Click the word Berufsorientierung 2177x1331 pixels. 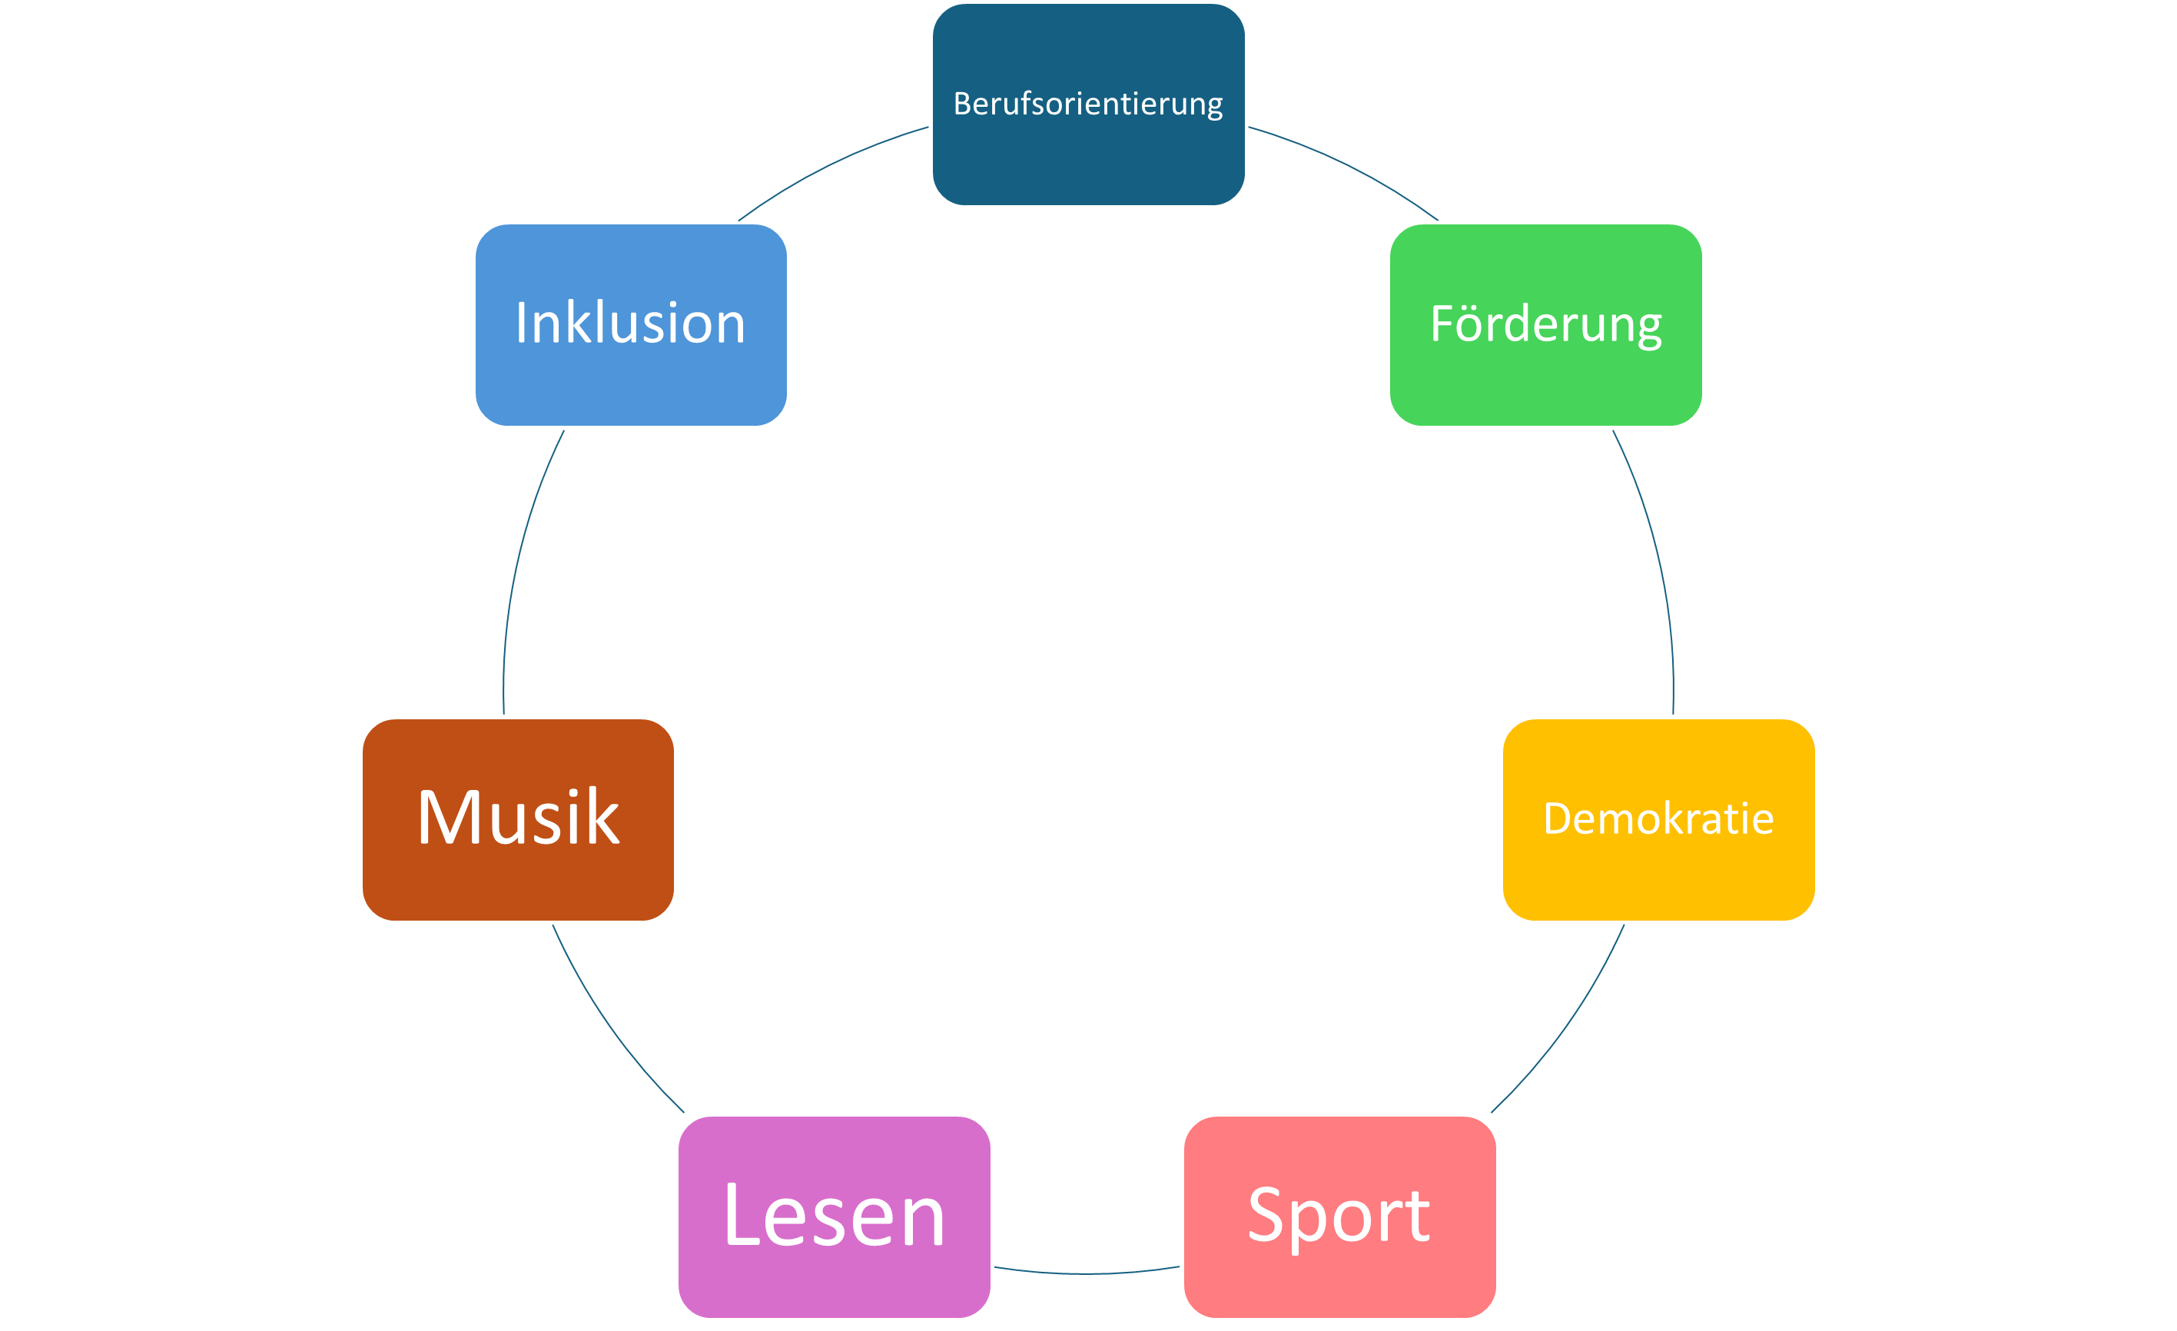1087,105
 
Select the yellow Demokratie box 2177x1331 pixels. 1658,871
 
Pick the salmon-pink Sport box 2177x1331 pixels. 1339,1273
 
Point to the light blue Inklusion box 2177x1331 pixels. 631,380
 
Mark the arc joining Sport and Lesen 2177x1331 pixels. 1087,1273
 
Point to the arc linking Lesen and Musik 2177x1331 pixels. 609,1025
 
